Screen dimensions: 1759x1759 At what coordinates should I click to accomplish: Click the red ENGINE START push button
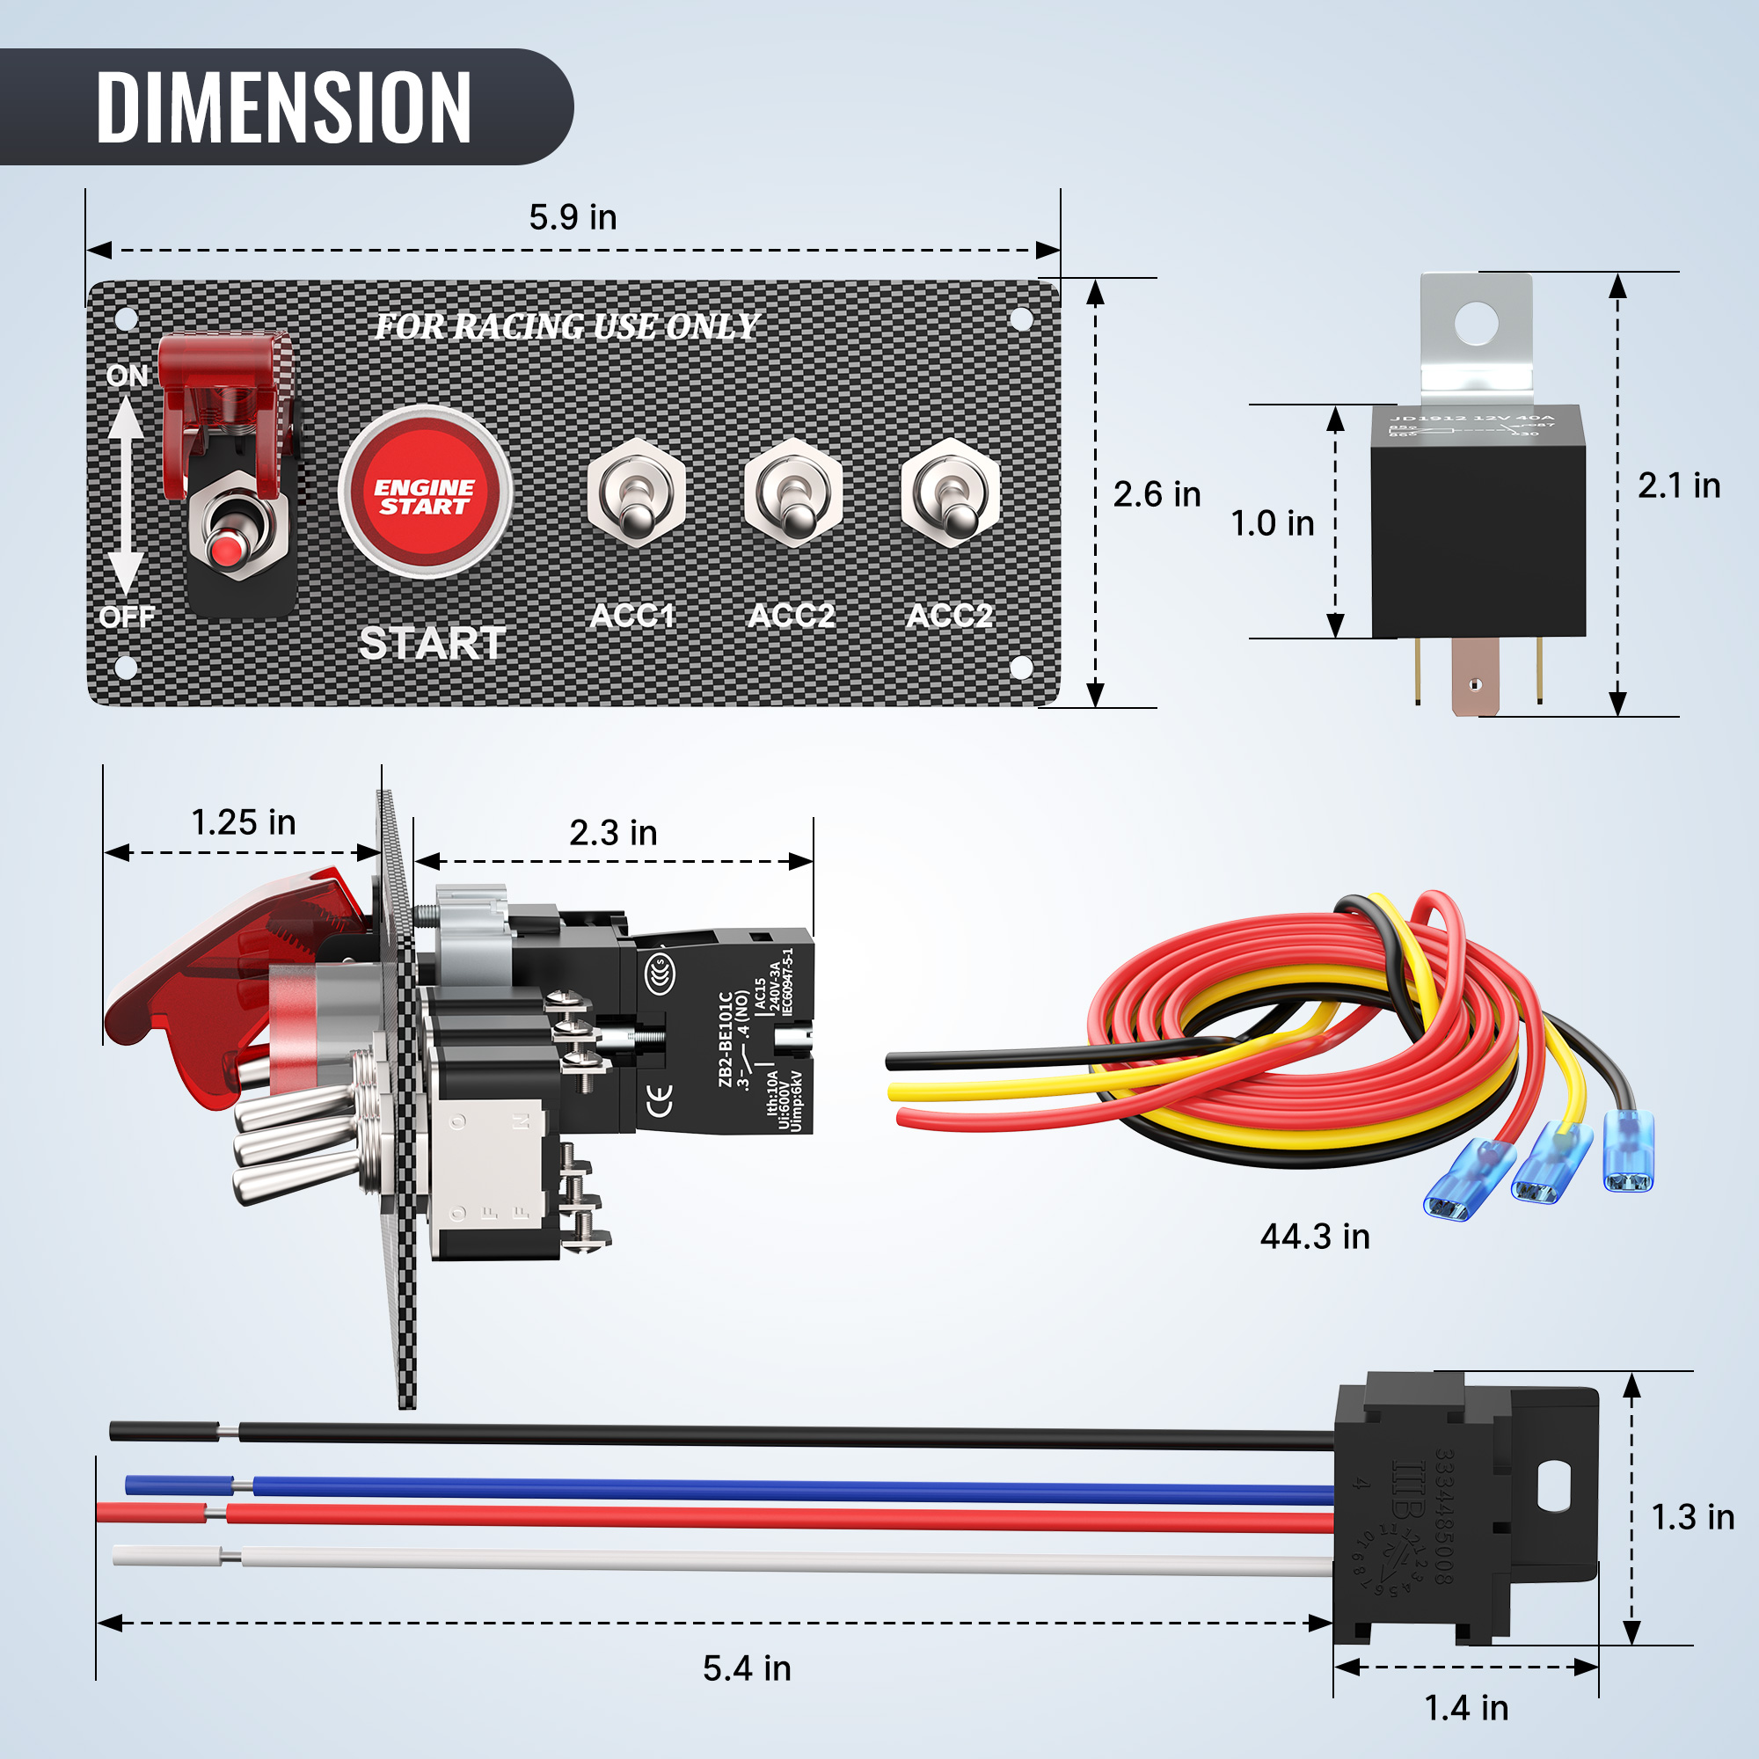(x=424, y=493)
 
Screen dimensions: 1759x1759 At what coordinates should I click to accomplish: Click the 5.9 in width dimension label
(x=573, y=217)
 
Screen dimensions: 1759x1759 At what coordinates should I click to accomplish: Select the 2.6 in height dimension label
(x=1157, y=494)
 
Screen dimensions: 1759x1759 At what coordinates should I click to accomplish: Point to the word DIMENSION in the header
(x=283, y=107)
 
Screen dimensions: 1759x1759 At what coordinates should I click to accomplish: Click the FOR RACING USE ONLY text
(x=566, y=326)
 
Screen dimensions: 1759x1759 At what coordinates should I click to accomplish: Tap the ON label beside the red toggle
(x=127, y=376)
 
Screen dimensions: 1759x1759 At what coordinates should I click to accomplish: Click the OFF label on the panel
(x=127, y=617)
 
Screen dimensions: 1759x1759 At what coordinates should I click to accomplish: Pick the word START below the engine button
(x=433, y=643)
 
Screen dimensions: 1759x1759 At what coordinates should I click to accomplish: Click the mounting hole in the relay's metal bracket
(x=1476, y=322)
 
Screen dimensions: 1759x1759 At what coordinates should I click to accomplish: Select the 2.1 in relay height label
(x=1678, y=486)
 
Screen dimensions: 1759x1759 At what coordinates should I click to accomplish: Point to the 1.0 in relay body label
(x=1272, y=523)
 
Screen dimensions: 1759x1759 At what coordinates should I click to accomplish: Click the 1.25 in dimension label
(x=243, y=822)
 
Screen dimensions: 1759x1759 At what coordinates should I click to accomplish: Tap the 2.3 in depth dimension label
(x=613, y=833)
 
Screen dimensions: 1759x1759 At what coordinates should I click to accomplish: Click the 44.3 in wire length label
(x=1315, y=1237)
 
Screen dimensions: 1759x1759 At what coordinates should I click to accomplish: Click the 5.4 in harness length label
(x=747, y=1668)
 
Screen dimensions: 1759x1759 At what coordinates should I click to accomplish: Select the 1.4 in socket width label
(x=1466, y=1708)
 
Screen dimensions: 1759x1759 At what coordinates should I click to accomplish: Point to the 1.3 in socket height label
(x=1691, y=1517)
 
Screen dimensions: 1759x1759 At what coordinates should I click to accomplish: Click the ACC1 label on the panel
(x=632, y=616)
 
